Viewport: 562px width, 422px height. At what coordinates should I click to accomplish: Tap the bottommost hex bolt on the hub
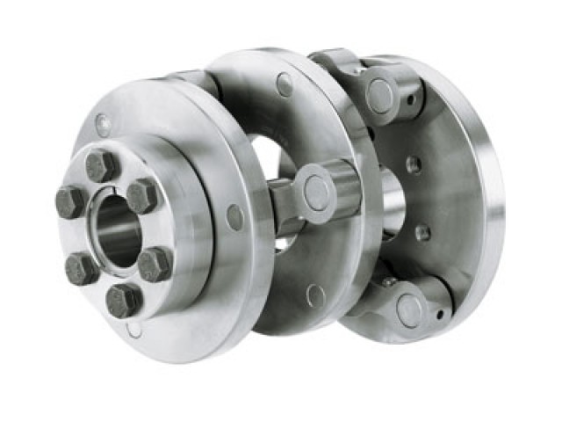click(x=124, y=300)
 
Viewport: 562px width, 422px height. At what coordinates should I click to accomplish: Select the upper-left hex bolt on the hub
click(x=70, y=202)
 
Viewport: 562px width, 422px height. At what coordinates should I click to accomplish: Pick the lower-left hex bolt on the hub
click(x=83, y=266)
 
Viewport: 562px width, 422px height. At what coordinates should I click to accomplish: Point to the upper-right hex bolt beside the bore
click(x=141, y=195)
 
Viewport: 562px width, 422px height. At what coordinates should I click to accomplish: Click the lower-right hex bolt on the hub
click(x=155, y=263)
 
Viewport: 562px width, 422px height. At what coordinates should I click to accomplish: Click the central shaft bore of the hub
click(x=116, y=230)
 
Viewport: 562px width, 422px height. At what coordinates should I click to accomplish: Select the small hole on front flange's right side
click(x=234, y=217)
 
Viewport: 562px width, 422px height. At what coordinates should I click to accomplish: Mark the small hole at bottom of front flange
click(x=133, y=331)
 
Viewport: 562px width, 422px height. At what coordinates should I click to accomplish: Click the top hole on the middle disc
click(x=285, y=84)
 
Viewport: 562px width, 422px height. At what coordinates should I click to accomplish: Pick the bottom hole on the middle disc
click(x=315, y=295)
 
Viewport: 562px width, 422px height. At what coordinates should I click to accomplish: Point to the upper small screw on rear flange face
click(x=414, y=164)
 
